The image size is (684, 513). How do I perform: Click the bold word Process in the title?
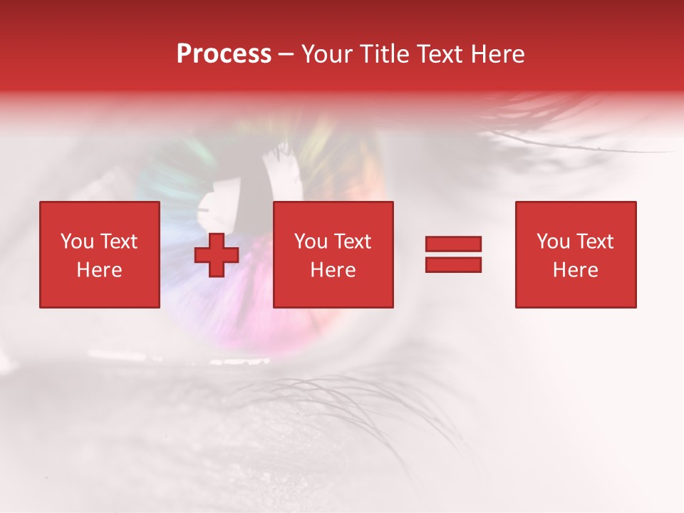[x=224, y=54]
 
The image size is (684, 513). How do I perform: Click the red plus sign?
[x=217, y=255]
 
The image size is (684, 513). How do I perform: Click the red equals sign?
[x=453, y=254]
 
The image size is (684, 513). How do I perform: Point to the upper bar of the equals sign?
[x=453, y=244]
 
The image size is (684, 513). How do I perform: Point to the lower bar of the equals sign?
[x=453, y=264]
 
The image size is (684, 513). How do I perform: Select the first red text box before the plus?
[x=100, y=254]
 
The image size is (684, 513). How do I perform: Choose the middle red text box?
[x=333, y=254]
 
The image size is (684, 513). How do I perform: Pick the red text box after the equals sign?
[x=576, y=254]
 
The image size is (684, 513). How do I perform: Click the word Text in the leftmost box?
[x=118, y=242]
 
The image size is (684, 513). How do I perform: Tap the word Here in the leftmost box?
[x=100, y=270]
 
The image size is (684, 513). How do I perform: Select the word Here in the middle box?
[x=333, y=270]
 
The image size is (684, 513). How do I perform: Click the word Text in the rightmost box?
[x=594, y=242]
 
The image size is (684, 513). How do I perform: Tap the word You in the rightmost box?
[x=553, y=242]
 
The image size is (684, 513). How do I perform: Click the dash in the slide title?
[x=286, y=54]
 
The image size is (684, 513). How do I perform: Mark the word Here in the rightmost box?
[x=576, y=270]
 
